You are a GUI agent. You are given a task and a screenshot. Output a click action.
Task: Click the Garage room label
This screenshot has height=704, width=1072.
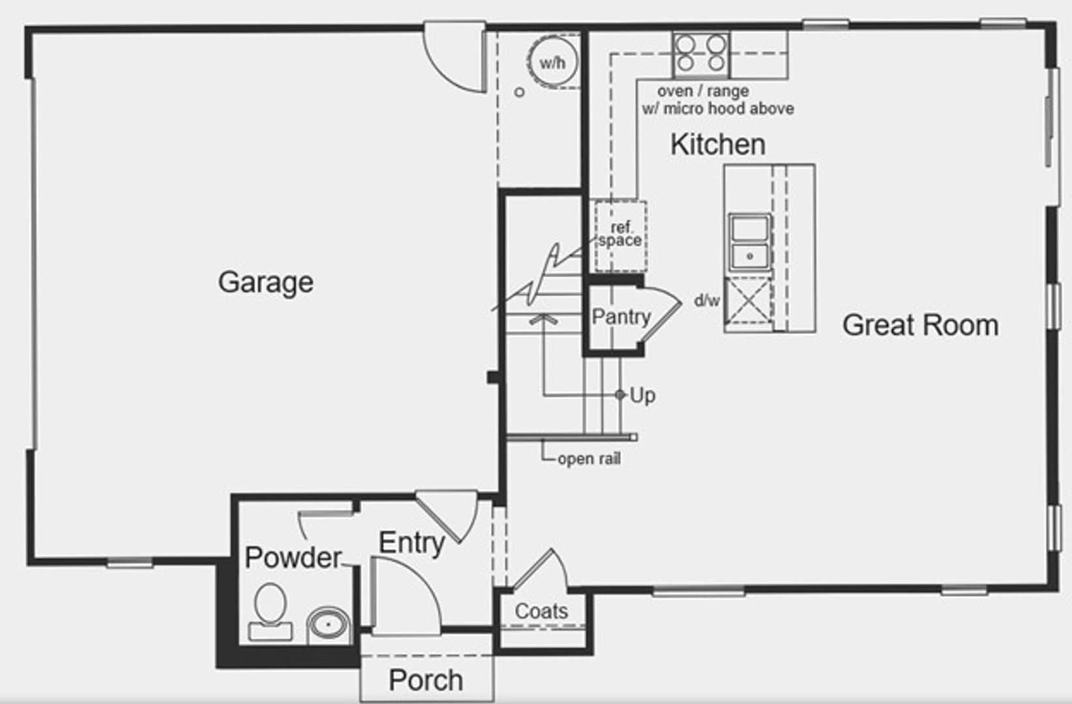265,282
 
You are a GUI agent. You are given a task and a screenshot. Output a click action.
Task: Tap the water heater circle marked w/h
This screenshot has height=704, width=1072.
553,63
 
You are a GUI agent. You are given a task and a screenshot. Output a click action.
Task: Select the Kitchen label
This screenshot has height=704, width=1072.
718,144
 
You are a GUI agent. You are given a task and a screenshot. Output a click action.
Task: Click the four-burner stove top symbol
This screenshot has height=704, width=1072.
700,53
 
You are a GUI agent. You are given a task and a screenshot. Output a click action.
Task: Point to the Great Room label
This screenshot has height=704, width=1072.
920,325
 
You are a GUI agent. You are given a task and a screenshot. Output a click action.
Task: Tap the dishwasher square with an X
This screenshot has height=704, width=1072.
747,301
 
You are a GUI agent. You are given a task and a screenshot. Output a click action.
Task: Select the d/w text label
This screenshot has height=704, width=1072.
707,301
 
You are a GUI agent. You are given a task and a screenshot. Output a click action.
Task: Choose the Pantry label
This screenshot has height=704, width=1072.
621,317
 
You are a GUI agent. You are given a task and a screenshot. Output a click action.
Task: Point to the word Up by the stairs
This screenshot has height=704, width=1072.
642,395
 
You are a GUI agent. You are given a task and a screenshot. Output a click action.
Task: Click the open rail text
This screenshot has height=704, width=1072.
589,459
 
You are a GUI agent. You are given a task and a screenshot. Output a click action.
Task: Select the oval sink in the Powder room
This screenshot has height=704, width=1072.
329,624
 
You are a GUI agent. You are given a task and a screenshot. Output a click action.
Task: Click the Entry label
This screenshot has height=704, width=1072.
411,542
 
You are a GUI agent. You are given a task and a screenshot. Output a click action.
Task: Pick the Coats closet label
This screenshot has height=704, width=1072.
541,611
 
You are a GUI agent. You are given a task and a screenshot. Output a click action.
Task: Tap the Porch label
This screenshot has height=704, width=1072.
426,680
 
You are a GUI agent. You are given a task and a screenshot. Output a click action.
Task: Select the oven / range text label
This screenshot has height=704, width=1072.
702,91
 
